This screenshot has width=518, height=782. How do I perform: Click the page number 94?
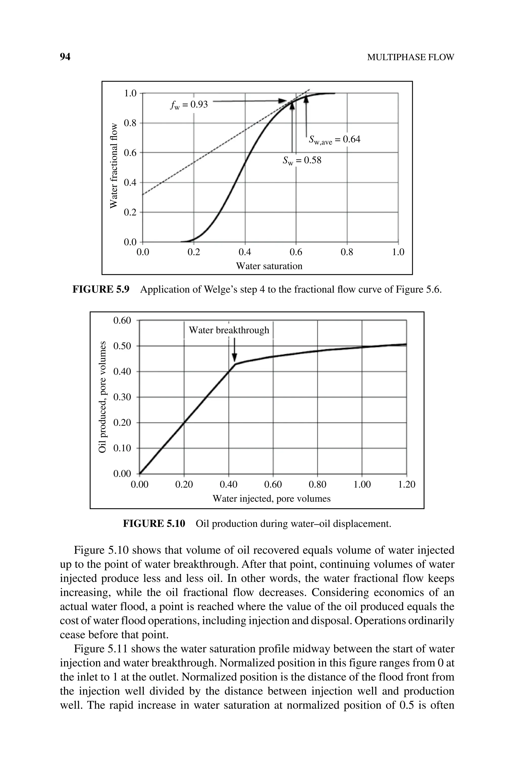(x=65, y=57)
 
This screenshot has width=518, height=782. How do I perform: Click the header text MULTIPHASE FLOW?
(x=411, y=57)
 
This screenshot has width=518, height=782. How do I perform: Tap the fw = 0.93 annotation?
(x=189, y=105)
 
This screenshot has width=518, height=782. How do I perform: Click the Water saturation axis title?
(x=269, y=266)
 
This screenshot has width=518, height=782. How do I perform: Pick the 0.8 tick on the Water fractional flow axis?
(x=130, y=123)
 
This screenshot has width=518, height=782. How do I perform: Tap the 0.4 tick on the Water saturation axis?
(x=245, y=252)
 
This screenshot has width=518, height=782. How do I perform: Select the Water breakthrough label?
(x=229, y=330)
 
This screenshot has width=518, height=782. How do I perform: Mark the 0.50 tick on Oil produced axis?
(x=122, y=346)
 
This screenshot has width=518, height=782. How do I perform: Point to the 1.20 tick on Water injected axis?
(x=406, y=485)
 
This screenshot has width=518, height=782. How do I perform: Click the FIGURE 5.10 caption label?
(x=154, y=524)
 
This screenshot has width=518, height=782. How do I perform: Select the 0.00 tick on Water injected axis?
(x=139, y=485)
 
